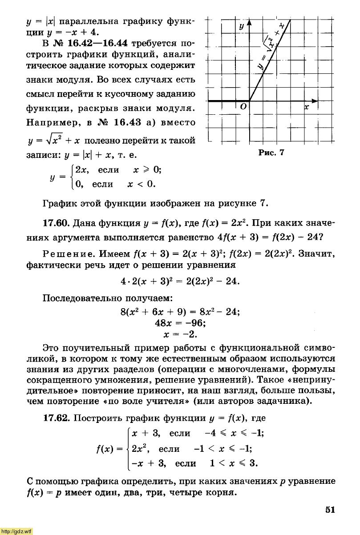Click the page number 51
point(329,509)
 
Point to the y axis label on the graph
point(242,27)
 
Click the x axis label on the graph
point(307,108)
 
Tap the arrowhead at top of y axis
point(249,23)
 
